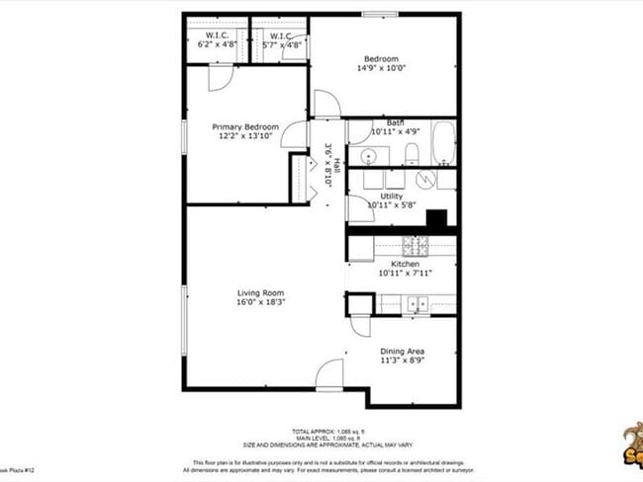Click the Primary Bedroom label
coord(246,127)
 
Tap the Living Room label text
coord(260,293)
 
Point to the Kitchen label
coord(406,265)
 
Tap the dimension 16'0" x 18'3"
coord(260,303)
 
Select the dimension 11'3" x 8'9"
coord(403,361)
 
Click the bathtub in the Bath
coord(443,143)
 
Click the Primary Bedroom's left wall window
coord(183,136)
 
